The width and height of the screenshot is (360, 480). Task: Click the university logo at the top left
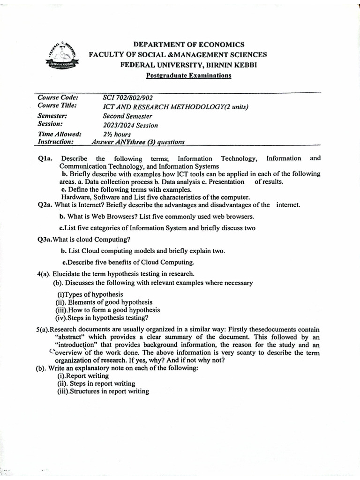63,57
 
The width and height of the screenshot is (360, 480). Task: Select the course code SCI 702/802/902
127,97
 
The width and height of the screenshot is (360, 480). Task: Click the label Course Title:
58,105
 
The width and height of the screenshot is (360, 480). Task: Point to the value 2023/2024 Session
130,125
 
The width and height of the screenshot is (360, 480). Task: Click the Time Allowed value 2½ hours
118,134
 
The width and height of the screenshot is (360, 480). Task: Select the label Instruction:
55,142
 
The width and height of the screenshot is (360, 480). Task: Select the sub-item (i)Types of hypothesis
90,294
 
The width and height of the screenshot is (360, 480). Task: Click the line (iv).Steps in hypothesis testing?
102,317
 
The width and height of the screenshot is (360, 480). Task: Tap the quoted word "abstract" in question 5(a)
71,337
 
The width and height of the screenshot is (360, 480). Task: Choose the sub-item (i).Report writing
82,375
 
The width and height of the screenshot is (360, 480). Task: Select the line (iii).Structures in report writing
103,391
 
